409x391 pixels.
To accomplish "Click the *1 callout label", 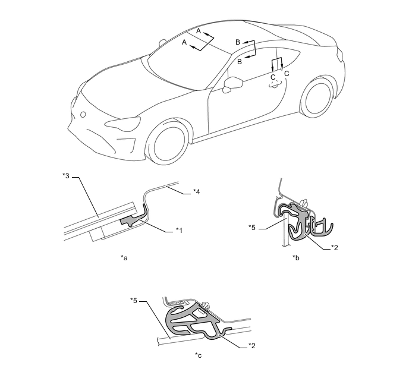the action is tap(179, 230).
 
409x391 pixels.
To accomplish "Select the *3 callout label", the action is tap(66, 176).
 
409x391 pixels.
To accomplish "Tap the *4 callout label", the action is tap(196, 192).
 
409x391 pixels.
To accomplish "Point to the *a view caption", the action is tap(124, 258).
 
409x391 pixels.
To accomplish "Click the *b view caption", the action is tap(296, 258).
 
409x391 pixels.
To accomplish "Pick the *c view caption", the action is tap(198, 355).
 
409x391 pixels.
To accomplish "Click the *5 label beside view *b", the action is tap(252, 228).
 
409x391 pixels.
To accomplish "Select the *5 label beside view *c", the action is tap(134, 301).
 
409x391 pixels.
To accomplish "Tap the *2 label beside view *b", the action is tap(335, 248).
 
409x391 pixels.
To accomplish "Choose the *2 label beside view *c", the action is tap(251, 346).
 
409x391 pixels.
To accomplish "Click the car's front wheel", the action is tap(167, 143).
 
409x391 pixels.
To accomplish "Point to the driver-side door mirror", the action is tap(232, 84).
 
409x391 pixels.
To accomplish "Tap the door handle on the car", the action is tap(276, 84).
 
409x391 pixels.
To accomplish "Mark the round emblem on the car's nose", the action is tap(83, 115).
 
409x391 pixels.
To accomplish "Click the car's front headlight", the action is tap(122, 123).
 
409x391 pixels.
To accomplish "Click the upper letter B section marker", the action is tap(238, 42).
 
